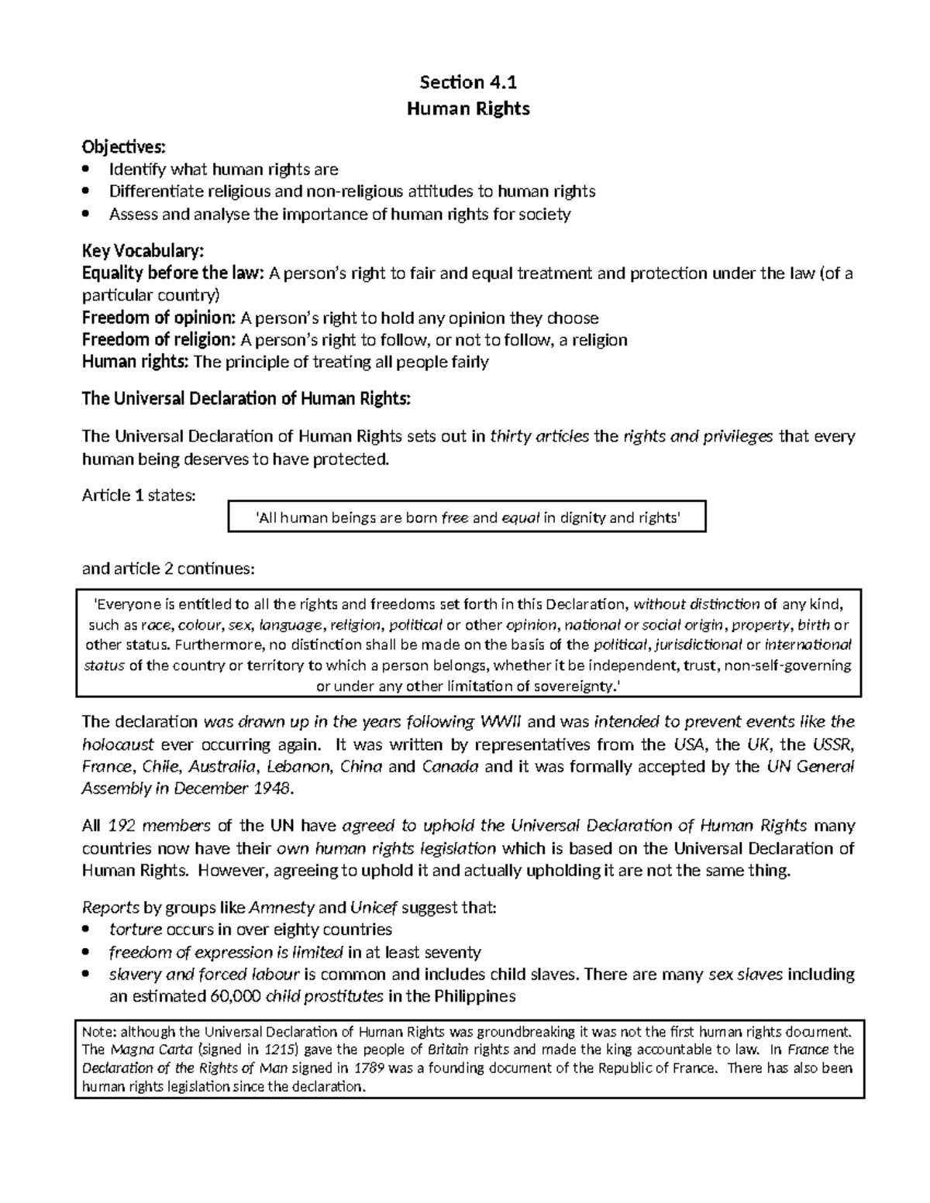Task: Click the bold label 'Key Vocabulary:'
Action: pyautogui.click(x=143, y=251)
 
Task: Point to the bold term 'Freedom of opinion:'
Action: pyautogui.click(x=159, y=318)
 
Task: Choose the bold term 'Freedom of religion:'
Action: pyautogui.click(x=159, y=340)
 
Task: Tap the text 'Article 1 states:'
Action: pyautogui.click(x=139, y=495)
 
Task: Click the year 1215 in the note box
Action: pyautogui.click(x=281, y=1050)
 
